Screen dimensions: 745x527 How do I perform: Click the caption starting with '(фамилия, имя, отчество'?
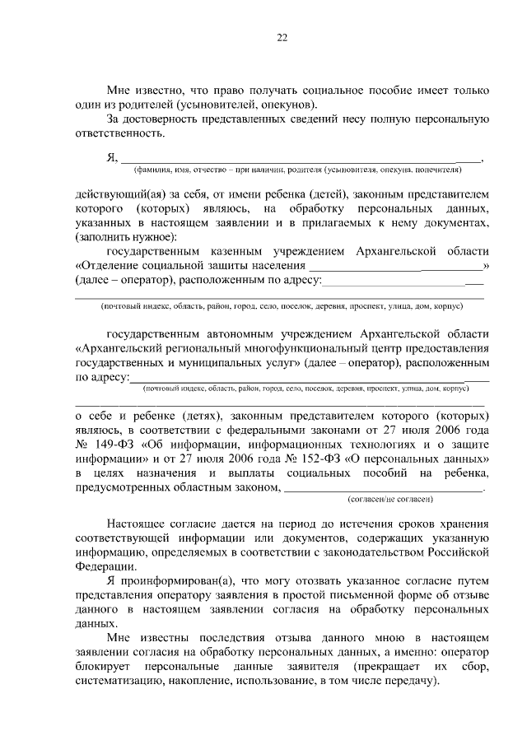click(297, 170)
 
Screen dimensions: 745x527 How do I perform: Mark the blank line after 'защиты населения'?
click(396, 266)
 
